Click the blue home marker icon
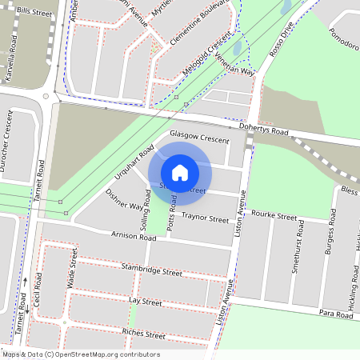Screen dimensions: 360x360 pos(180,172)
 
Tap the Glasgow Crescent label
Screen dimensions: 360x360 pos(199,137)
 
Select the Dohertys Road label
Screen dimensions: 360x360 pos(262,130)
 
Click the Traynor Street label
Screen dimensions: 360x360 pos(205,218)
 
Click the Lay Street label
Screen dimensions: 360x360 pos(145,302)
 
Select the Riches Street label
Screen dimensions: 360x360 pos(143,331)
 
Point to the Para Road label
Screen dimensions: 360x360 pos(335,315)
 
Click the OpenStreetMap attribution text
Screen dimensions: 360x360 pos(80,354)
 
